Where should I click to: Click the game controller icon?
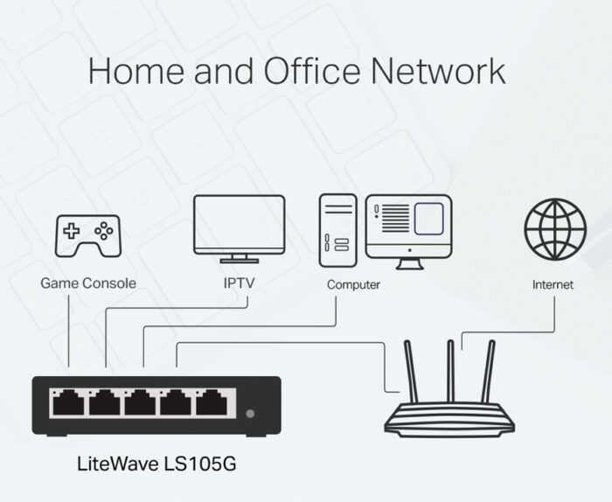tap(87, 236)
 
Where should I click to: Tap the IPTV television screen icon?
tap(240, 229)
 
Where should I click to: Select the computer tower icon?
tap(338, 230)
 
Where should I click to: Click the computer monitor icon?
tap(409, 232)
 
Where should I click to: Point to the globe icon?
tap(555, 229)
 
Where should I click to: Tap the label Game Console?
tap(88, 283)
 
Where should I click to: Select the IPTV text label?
tap(239, 283)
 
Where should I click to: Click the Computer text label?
tap(353, 284)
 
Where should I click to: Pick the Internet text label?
tap(553, 284)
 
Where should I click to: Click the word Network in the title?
tap(438, 71)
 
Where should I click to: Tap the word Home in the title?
tap(136, 71)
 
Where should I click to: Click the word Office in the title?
tap(312, 71)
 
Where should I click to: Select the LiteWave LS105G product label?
tap(156, 464)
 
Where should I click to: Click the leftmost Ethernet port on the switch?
tap(68, 402)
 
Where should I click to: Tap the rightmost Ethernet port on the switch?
tap(212, 402)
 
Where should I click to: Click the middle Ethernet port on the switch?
tap(140, 402)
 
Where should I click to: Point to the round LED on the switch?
tap(250, 414)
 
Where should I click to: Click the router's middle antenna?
tap(450, 371)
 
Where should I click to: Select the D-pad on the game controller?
tap(71, 231)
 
